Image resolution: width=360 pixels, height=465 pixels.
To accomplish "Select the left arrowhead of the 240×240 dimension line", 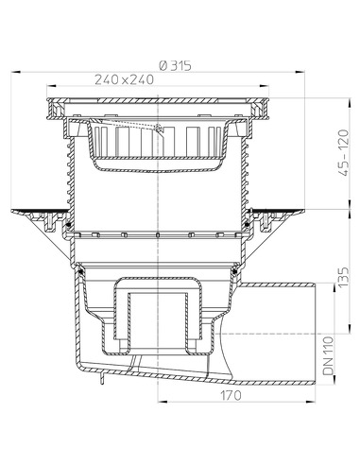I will pyautogui.click(x=45, y=90).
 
